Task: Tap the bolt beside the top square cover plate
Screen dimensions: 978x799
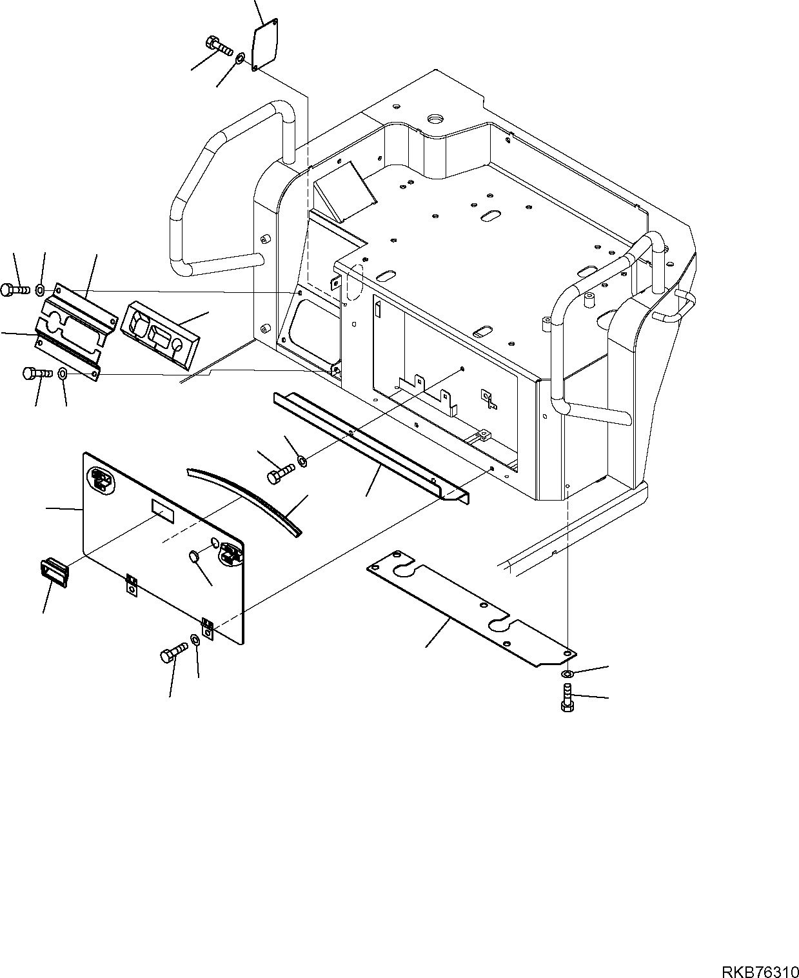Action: coord(219,46)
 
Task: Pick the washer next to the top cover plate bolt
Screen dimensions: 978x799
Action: coord(239,59)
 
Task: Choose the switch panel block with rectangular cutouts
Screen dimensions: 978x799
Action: coord(159,335)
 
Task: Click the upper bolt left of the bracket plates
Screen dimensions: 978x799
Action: coord(15,290)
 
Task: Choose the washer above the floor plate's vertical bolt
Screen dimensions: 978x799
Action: coord(567,674)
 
